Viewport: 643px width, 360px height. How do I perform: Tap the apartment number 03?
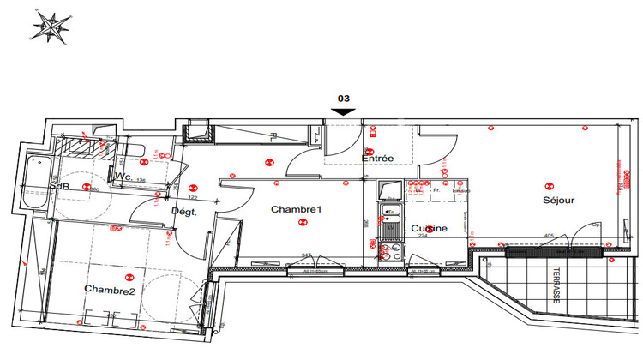343,99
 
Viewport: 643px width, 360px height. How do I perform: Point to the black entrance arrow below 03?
343,111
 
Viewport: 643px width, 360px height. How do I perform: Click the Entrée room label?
377,159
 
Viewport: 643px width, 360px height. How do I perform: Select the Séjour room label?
558,201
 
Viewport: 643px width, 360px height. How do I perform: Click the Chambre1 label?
296,210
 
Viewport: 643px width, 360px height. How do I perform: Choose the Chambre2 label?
110,290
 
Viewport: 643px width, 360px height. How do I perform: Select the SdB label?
59,186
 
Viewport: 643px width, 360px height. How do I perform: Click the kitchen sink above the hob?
391,225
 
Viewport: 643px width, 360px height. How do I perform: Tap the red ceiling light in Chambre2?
129,276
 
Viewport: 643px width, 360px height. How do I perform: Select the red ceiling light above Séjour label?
549,183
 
